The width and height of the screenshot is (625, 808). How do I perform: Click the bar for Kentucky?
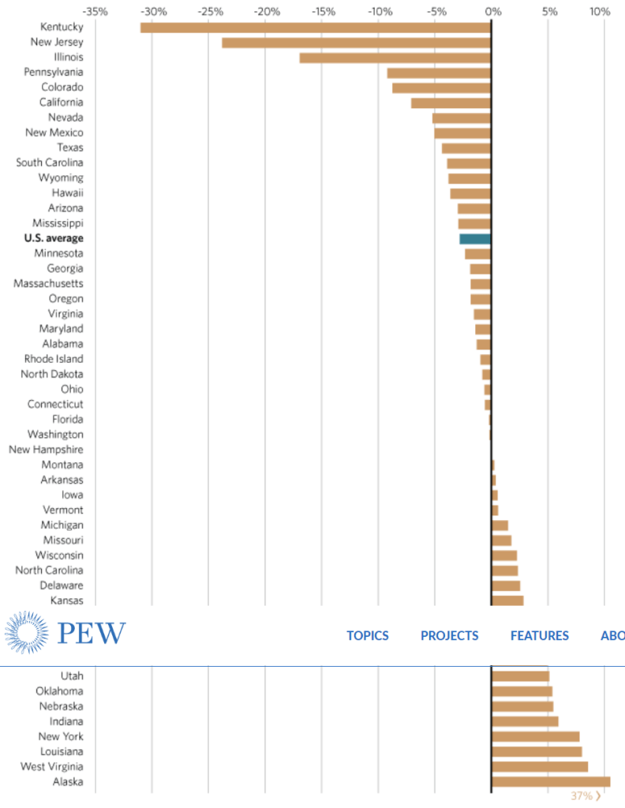point(316,28)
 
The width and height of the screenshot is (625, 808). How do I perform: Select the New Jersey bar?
point(356,43)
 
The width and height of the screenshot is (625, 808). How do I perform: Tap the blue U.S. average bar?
point(475,238)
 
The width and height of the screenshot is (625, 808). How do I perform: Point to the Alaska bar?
point(551,782)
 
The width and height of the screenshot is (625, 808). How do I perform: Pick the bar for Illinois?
point(395,58)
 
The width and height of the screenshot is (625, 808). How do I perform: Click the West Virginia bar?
point(540,767)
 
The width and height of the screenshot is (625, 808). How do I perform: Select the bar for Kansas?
point(507,600)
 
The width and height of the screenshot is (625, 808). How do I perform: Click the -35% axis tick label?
point(95,12)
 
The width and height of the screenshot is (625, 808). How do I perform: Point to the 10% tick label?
point(600,12)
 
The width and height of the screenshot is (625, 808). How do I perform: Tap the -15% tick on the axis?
point(322,12)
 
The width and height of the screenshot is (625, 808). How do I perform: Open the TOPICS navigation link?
point(368,635)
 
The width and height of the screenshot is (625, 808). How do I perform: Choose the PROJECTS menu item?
point(449,635)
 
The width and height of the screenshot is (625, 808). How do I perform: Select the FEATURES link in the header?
point(539,635)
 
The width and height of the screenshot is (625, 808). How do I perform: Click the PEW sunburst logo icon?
point(27,633)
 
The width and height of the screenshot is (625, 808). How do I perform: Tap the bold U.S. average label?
point(54,238)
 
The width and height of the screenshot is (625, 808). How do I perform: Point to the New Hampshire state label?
point(46,450)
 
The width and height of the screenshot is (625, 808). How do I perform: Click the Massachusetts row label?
point(48,283)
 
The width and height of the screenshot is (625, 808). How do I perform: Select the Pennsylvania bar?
point(439,73)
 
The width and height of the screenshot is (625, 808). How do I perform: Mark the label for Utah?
point(72,676)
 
